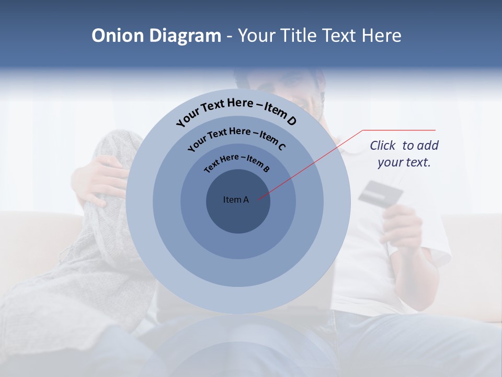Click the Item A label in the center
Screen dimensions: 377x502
point(236,199)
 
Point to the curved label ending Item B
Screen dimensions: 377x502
point(237,162)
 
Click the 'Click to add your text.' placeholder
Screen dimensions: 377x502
point(404,153)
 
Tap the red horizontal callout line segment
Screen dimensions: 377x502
point(399,130)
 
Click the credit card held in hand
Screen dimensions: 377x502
point(381,193)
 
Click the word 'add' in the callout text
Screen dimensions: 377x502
point(428,146)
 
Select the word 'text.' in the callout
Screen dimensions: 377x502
point(419,162)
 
